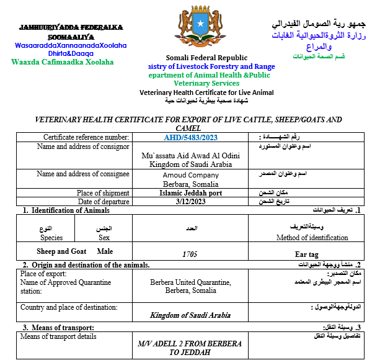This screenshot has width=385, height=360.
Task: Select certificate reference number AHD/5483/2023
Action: click(190, 137)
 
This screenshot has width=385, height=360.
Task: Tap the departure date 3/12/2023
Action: click(190, 202)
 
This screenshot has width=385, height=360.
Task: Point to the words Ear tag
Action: click(306, 254)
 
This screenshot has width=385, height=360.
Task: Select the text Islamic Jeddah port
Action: click(190, 193)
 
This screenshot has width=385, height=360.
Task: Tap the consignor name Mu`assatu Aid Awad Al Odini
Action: click(190, 155)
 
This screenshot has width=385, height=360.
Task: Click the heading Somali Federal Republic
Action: click(192, 58)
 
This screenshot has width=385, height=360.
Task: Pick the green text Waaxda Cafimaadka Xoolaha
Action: click(63, 62)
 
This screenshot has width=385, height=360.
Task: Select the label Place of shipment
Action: click(103, 193)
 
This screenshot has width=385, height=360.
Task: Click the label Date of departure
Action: click(103, 202)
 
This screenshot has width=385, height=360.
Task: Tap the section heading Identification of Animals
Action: click(71, 210)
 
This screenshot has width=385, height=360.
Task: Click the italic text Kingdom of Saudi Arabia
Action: click(190, 315)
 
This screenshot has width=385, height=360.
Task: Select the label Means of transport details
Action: click(58, 336)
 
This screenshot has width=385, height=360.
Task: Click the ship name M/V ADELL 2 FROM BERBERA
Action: click(190, 343)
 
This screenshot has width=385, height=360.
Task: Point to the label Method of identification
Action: click(312, 237)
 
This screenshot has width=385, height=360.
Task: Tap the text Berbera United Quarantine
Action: click(190, 282)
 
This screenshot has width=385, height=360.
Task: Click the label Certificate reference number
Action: click(86, 137)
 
